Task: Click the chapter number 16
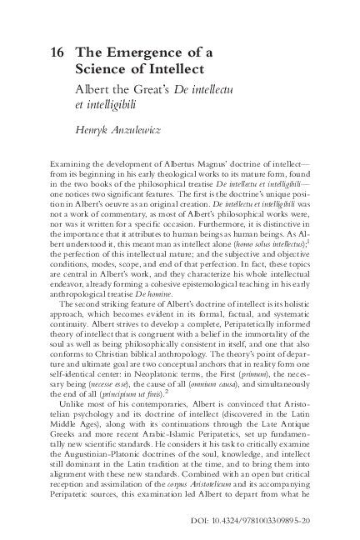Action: point(58,52)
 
